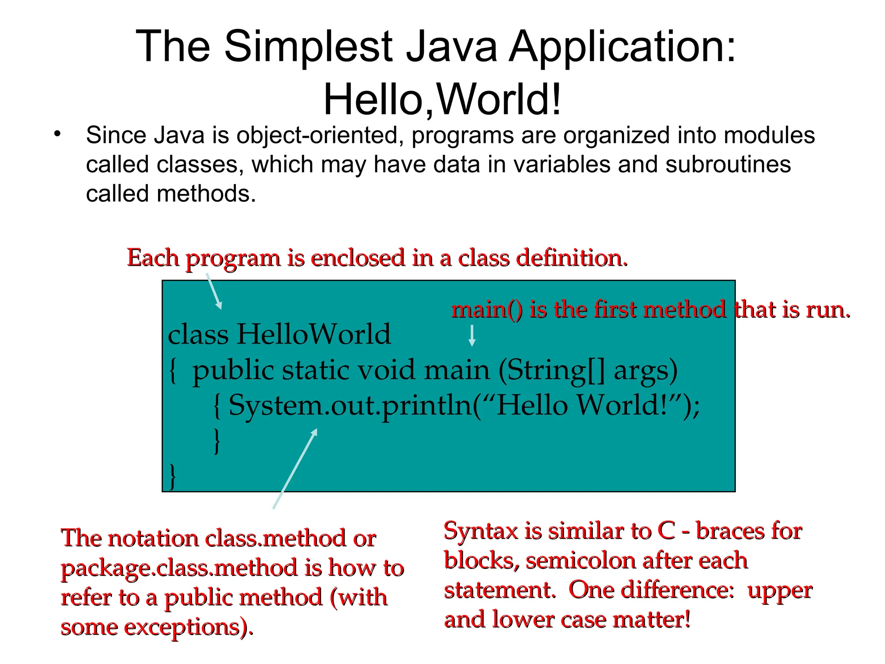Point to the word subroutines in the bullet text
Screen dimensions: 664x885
[x=728, y=164]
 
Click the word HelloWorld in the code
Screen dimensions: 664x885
[x=313, y=334]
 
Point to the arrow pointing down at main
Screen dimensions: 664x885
[x=472, y=335]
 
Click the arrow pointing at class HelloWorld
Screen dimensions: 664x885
[x=214, y=291]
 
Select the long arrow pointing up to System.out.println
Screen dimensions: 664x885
[x=295, y=469]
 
